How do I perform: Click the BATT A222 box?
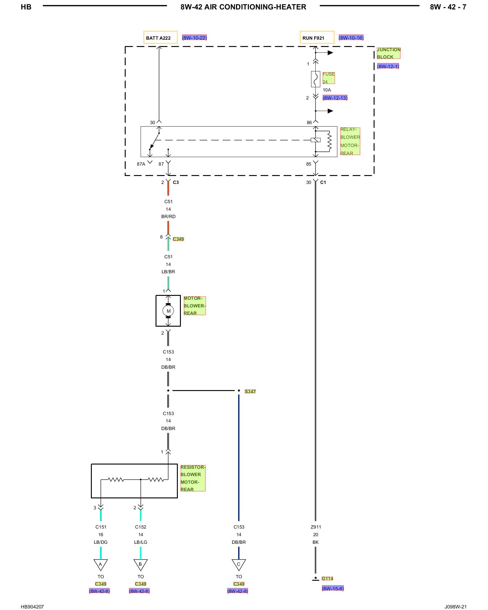(160, 38)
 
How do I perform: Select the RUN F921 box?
(317, 38)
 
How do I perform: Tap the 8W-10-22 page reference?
(195, 38)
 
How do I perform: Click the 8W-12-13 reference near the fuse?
(335, 98)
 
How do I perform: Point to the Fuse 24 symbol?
(316, 79)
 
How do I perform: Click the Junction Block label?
(389, 53)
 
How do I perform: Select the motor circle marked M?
(168, 311)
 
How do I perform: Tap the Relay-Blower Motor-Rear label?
(350, 141)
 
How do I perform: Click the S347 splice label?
(250, 391)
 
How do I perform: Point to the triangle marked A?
(100, 565)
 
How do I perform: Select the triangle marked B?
(140, 565)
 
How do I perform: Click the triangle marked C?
(239, 565)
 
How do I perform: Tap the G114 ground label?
(327, 579)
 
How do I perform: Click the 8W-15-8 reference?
(333, 589)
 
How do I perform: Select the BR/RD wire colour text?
(168, 217)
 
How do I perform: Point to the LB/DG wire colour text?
(101, 542)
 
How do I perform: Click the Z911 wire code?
(316, 527)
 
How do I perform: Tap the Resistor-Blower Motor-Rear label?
(193, 478)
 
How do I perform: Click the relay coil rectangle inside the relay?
(316, 140)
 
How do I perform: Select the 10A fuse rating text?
(327, 90)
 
